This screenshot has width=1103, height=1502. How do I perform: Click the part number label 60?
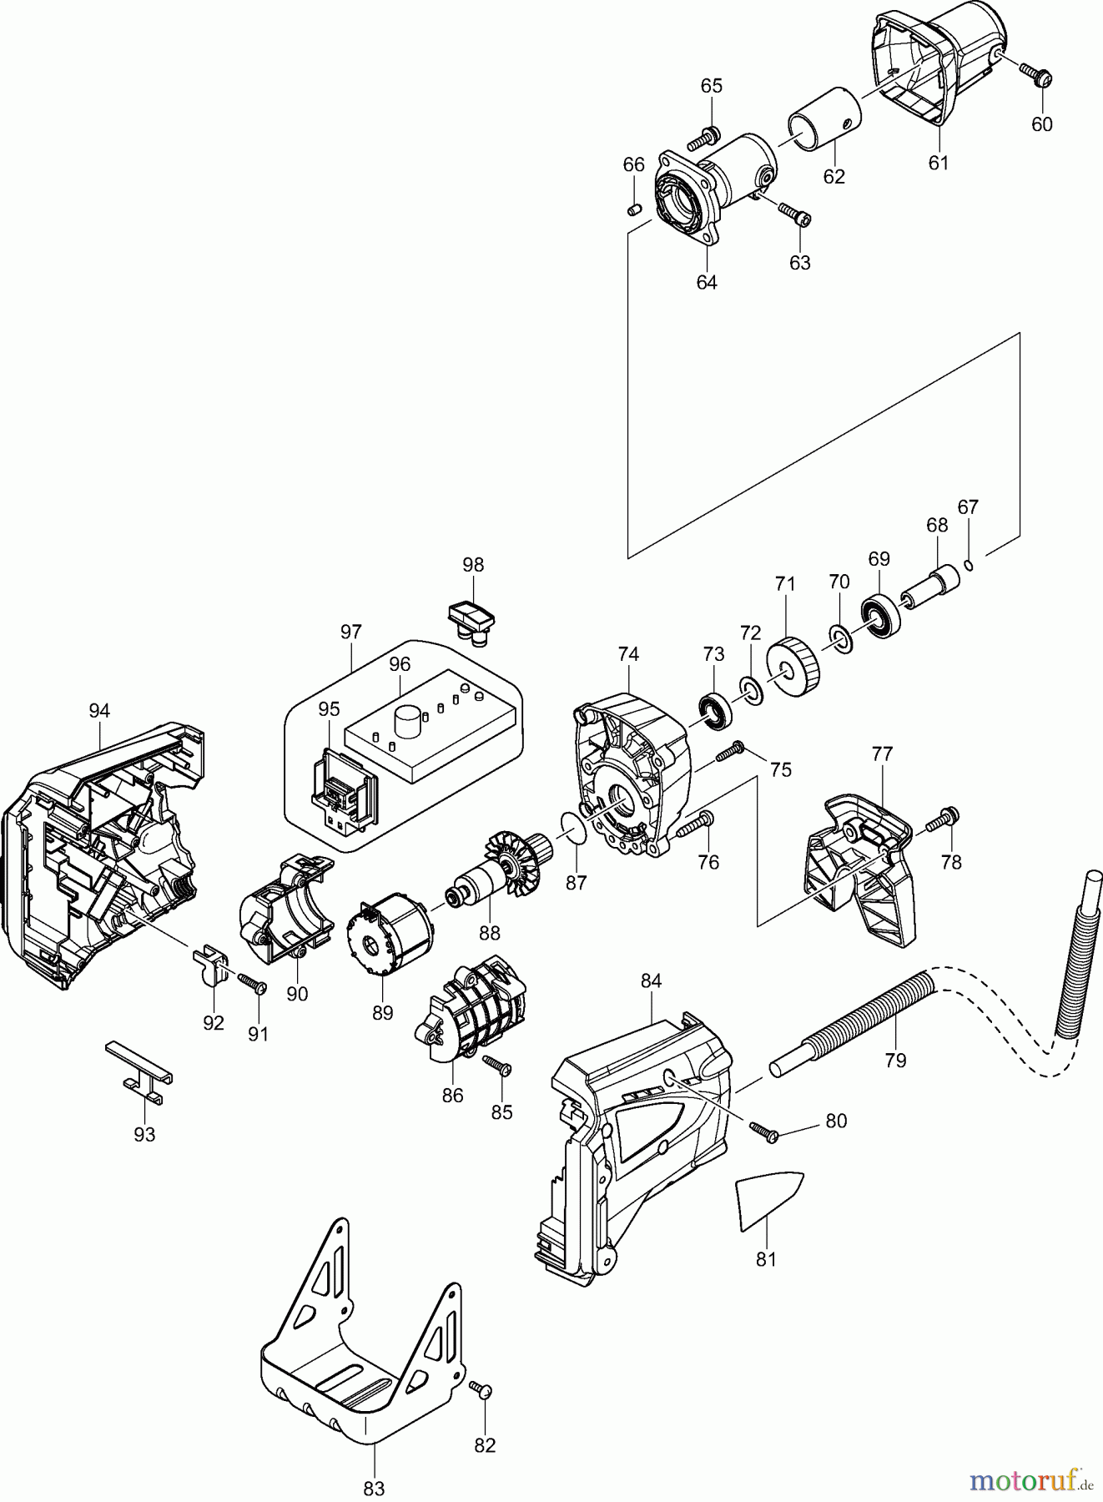coord(1042,124)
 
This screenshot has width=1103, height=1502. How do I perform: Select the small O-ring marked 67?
coord(969,566)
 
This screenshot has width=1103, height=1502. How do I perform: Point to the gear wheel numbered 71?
coord(793,667)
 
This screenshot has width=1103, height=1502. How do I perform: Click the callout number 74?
coord(628,655)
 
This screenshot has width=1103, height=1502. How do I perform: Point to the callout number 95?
coord(329,709)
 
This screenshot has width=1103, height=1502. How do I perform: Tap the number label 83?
coord(374,1488)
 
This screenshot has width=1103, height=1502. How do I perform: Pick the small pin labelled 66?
coord(634,209)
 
